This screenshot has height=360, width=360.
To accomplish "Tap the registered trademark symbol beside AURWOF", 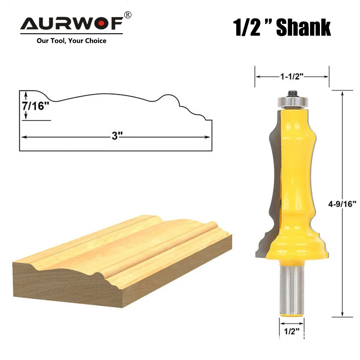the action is click(128, 15).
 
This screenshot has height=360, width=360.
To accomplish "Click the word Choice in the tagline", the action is click(96, 41).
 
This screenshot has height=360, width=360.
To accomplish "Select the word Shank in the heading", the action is click(303, 27).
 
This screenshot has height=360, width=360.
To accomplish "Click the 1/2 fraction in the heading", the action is click(247, 27).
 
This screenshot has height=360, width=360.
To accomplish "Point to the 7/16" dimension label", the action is click(36, 106).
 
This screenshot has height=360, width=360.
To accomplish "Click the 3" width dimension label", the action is click(117, 136).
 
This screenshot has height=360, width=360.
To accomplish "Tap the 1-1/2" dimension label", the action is click(292, 76).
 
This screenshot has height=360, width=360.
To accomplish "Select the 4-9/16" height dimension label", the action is click(342, 204).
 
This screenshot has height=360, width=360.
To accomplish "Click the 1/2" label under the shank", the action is click(292, 331).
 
